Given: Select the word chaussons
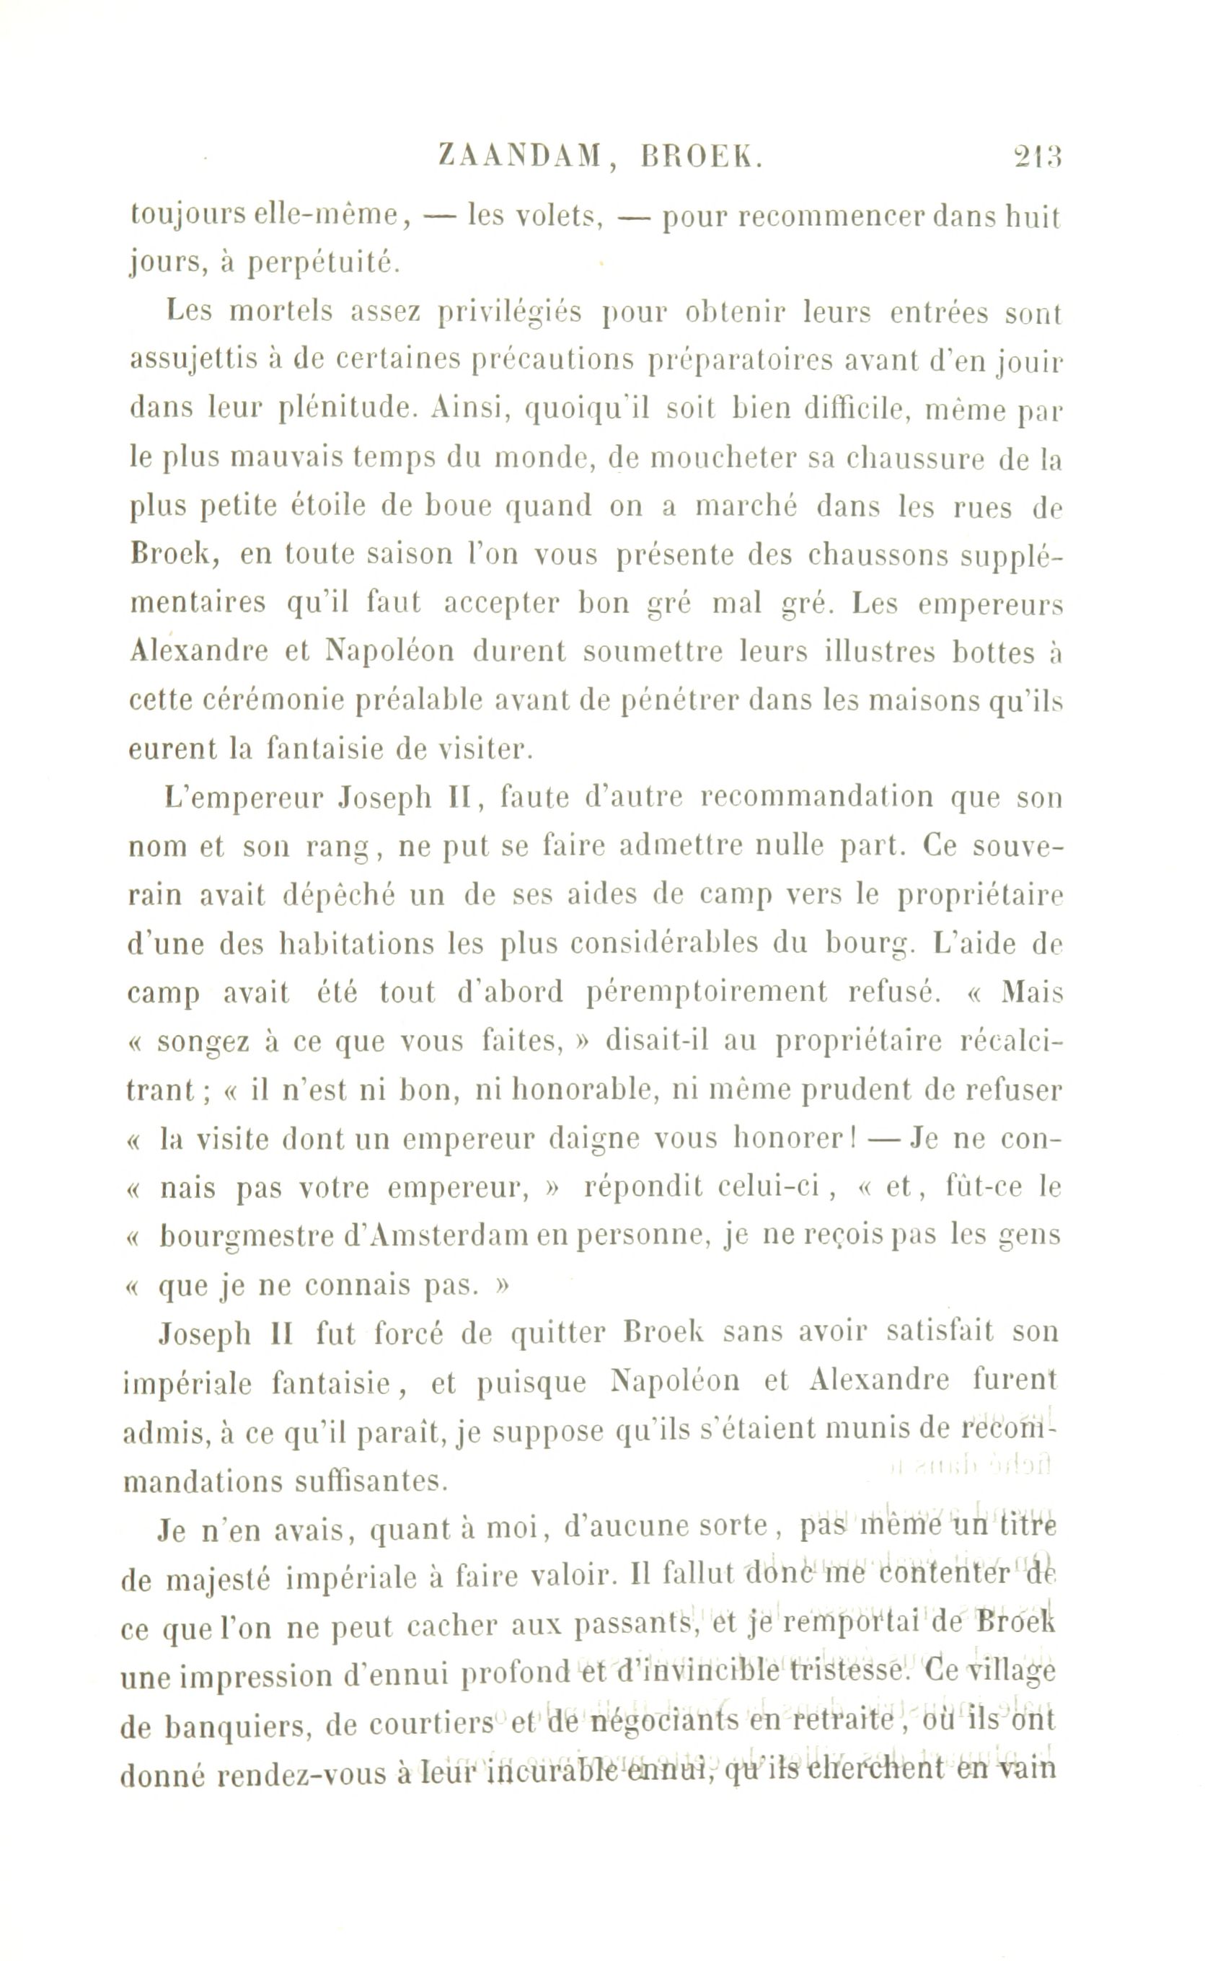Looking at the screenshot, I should coord(876,555).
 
